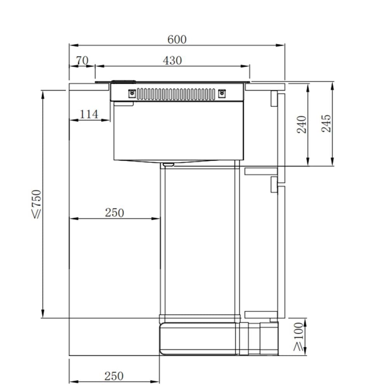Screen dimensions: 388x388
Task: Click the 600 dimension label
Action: [177, 40]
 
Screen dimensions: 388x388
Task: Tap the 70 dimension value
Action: [82, 61]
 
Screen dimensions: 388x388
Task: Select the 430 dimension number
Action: [173, 61]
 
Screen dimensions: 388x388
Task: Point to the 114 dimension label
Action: [89, 114]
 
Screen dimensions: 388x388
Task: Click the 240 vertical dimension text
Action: [301, 125]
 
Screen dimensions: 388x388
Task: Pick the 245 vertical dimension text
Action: [326, 123]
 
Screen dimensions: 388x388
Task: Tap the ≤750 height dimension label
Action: [36, 204]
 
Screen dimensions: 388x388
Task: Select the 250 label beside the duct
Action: [114, 213]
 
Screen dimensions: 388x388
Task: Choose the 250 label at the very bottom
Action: [114, 376]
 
